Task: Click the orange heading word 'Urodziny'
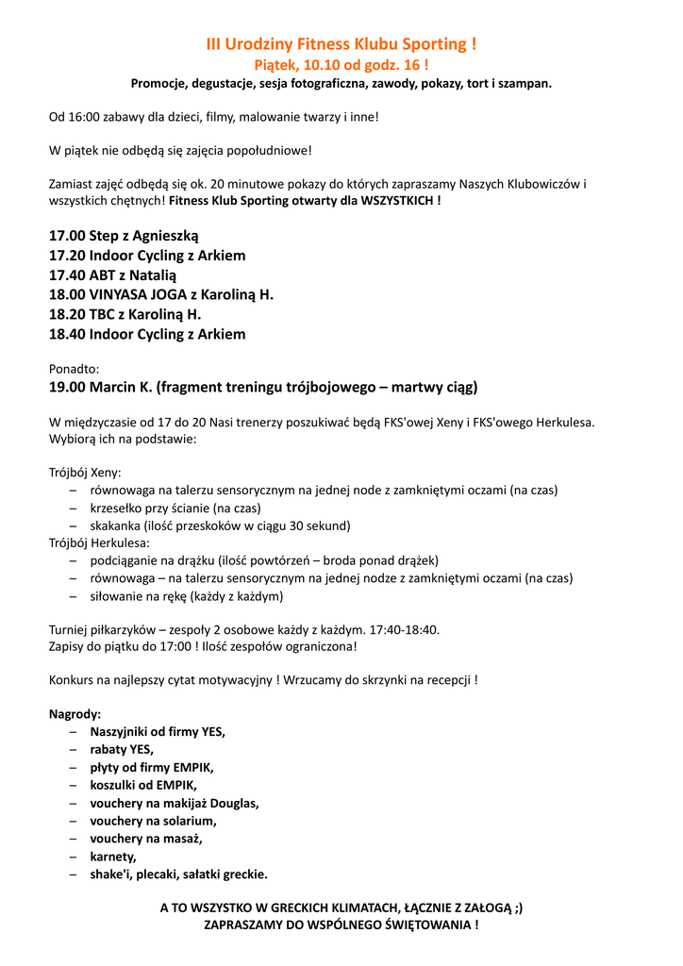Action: click(x=258, y=44)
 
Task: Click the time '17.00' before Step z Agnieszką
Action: click(x=67, y=235)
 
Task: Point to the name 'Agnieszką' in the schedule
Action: click(x=166, y=235)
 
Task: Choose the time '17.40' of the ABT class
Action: click(x=67, y=275)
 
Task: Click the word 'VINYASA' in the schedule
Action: click(x=121, y=294)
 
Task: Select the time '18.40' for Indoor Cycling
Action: click(x=67, y=334)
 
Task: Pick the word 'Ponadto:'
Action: click(x=74, y=369)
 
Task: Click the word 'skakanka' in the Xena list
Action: click(x=116, y=525)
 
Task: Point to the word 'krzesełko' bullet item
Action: click(x=119, y=508)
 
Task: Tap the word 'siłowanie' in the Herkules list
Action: click(x=118, y=596)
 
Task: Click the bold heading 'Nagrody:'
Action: click(x=75, y=714)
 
